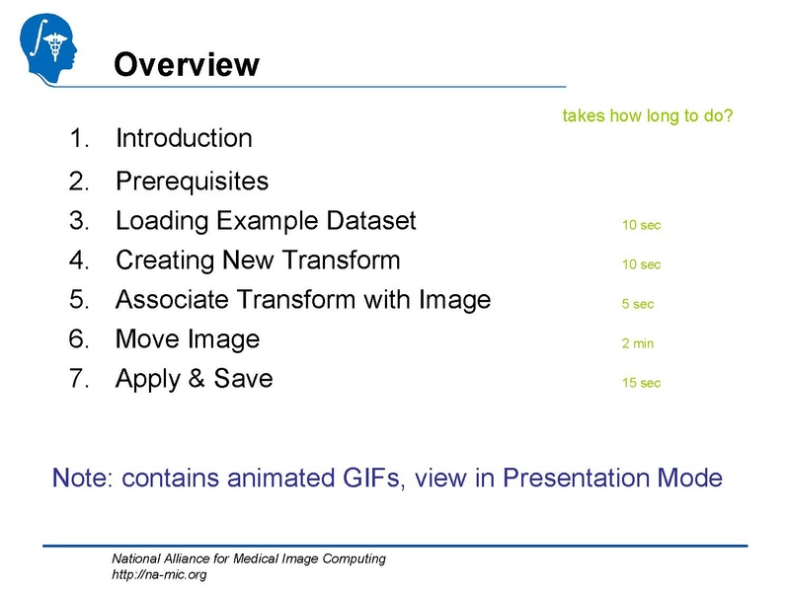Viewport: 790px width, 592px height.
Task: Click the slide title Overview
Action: pos(187,65)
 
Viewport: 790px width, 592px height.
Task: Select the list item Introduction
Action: pos(184,138)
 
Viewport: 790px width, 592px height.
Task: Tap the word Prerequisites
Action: pos(192,182)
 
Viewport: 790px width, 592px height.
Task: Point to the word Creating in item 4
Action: pos(164,261)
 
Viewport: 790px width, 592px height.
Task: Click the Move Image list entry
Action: pos(188,339)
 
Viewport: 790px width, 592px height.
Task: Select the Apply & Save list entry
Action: pos(194,379)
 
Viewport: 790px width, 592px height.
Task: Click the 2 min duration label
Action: pos(638,343)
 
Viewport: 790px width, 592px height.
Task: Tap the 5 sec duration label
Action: pos(638,304)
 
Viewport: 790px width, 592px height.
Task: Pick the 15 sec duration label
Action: pos(641,383)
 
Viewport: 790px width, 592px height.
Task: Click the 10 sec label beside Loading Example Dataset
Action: pos(641,225)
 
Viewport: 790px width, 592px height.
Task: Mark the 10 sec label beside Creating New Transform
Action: pos(641,264)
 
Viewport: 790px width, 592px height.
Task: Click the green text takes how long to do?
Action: pos(647,116)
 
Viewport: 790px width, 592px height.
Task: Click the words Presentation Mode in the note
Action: pos(612,479)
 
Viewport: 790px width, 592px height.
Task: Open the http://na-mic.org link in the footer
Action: pos(159,574)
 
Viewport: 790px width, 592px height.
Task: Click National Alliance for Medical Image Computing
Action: pos(248,559)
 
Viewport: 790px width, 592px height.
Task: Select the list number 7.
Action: pos(78,379)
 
